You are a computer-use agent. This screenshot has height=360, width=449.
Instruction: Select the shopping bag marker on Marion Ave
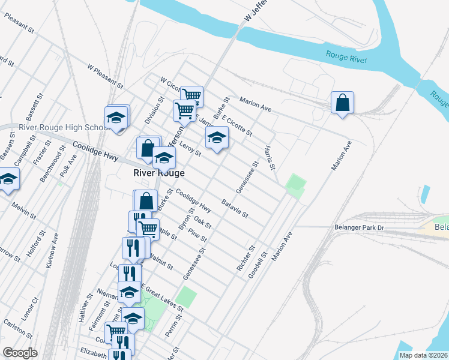pyautogui.click(x=342, y=103)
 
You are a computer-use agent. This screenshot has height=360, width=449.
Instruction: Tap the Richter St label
pyautogui.click(x=247, y=257)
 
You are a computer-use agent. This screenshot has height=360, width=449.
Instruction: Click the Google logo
pyautogui.click(x=20, y=353)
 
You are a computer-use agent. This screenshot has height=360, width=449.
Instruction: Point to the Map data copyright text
pyautogui.click(x=424, y=355)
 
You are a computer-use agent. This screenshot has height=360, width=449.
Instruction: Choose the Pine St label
pyautogui.click(x=197, y=235)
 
